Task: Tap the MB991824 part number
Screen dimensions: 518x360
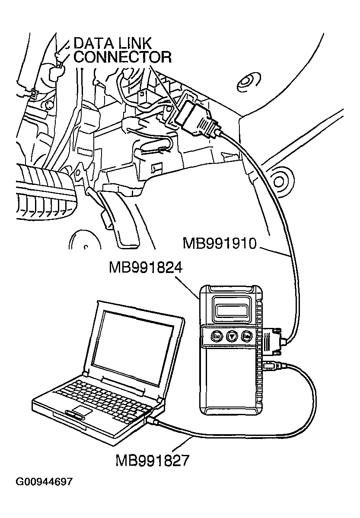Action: [146, 268]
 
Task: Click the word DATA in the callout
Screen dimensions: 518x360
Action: [92, 43]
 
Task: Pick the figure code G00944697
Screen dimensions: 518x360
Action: [44, 482]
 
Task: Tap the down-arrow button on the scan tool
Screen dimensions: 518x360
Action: [232, 335]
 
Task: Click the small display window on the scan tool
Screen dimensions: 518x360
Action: [232, 309]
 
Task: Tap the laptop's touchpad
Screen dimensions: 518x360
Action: [83, 410]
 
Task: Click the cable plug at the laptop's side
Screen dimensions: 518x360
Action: [153, 420]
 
